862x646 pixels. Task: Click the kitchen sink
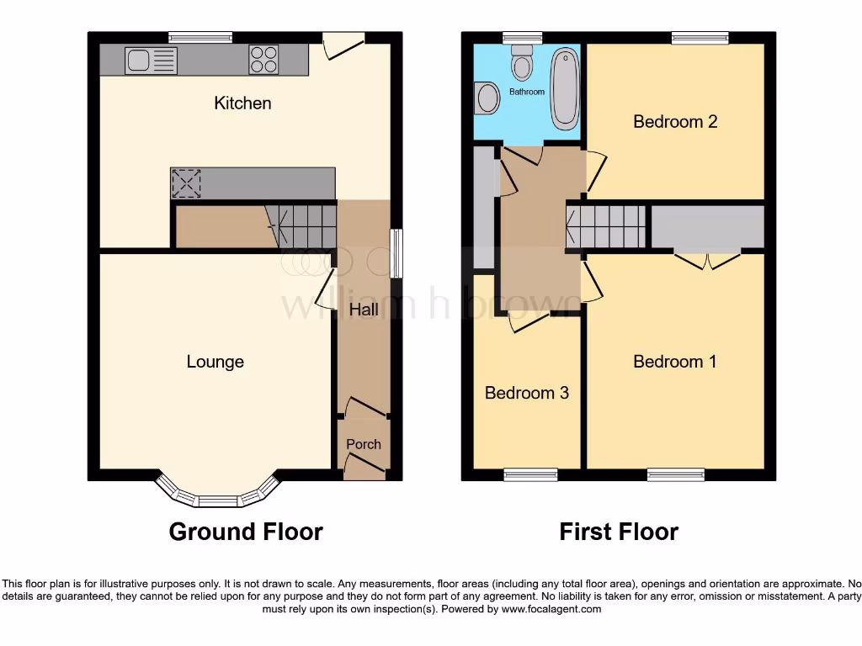click(x=152, y=61)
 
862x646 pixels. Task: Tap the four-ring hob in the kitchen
click(x=263, y=61)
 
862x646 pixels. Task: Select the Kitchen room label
click(x=242, y=103)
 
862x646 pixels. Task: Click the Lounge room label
click(x=215, y=362)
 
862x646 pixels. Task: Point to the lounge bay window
click(x=217, y=495)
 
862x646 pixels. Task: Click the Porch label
click(x=364, y=444)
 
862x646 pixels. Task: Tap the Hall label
click(x=364, y=310)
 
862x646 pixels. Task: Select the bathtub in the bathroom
click(x=564, y=88)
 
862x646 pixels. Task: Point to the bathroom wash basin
click(x=486, y=98)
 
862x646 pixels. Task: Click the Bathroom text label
click(x=527, y=92)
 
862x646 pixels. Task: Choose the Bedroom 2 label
click(x=675, y=122)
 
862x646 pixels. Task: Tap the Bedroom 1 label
click(x=675, y=362)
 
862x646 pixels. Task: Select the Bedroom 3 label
click(x=527, y=393)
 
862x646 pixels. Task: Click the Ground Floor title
click(x=246, y=532)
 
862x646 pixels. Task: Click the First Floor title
click(x=619, y=532)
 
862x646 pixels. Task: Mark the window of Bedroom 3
click(x=530, y=475)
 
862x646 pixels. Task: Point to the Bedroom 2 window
click(x=700, y=37)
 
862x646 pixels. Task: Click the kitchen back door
click(x=343, y=44)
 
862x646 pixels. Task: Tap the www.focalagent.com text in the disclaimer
click(x=551, y=609)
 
